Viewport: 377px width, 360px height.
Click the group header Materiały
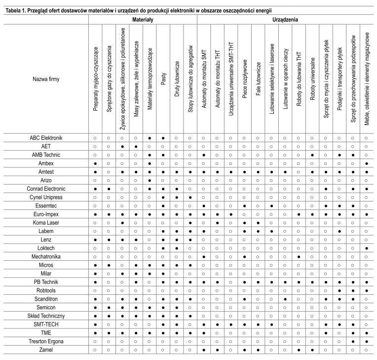pos(143,19)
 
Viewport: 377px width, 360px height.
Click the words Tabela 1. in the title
pos(16,10)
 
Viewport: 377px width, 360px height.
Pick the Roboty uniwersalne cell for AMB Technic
pos(312,155)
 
